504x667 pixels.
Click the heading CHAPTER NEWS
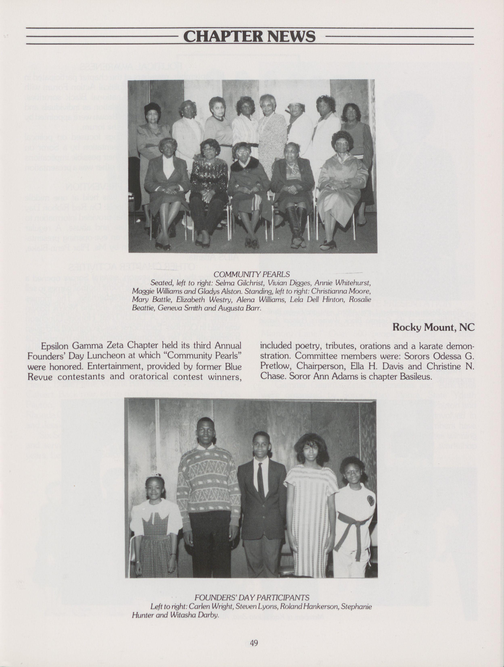249,37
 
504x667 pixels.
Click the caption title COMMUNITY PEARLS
252,274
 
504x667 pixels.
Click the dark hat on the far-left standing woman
153,108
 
